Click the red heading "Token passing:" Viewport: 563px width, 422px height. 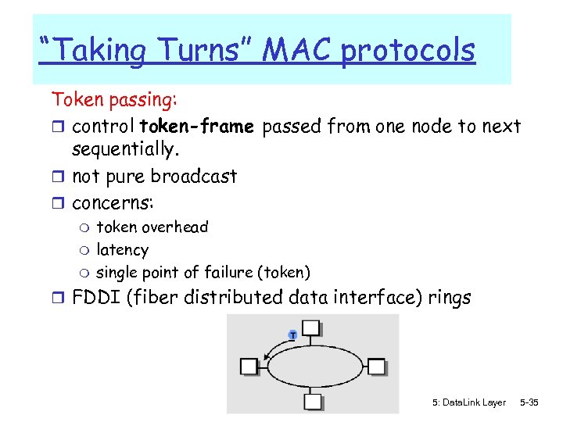coord(114,100)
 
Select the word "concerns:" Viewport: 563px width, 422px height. coord(113,203)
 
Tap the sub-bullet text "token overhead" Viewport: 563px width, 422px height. coord(152,227)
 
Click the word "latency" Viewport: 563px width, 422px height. coord(122,250)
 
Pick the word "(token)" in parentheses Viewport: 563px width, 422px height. coord(285,273)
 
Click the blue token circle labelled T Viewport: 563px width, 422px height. coord(292,334)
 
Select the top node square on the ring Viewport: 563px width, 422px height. coord(311,327)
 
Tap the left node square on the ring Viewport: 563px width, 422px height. coord(249,366)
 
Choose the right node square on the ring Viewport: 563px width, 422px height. coord(376,366)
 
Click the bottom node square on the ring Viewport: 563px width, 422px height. coord(312,402)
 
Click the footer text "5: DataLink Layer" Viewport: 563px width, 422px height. coord(468,402)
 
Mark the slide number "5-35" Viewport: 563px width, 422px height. coord(529,402)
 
